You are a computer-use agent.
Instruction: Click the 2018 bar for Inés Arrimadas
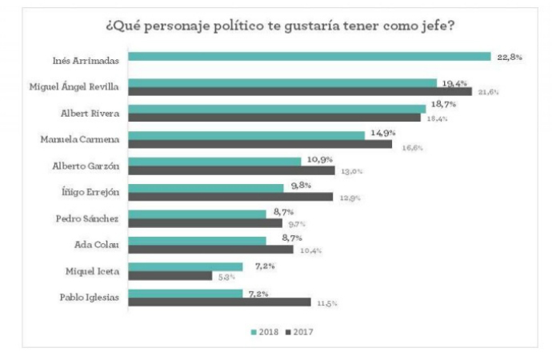[309, 56]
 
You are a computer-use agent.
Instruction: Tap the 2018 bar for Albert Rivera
[277, 108]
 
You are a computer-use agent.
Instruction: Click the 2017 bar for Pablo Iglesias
[219, 302]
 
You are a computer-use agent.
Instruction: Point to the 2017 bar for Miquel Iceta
[170, 276]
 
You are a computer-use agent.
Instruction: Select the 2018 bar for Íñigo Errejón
[206, 187]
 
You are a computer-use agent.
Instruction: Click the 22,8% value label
[509, 56]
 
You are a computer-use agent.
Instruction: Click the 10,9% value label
[318, 161]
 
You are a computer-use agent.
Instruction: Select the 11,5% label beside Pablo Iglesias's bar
[327, 303]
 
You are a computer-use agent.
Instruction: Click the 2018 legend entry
[265, 330]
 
